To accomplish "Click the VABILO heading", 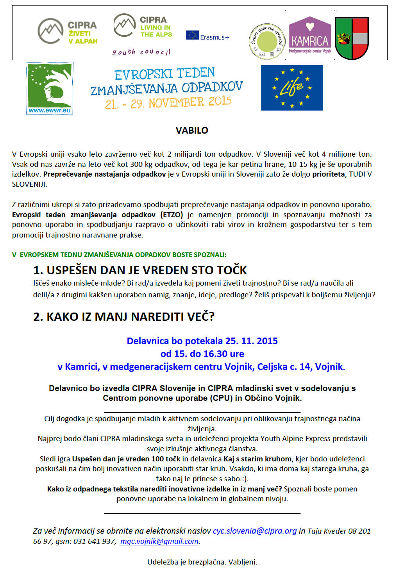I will pos(192,130).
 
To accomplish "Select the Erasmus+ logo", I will pos(207,36).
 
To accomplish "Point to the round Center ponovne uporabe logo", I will pos(267,41).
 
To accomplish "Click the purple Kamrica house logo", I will pos(310,35).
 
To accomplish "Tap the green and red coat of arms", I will pos(352,38).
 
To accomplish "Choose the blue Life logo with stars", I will pos(292,88).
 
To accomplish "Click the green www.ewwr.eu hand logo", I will pos(50,88).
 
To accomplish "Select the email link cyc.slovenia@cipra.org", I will pos(255,531).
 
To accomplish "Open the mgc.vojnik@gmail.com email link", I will pos(159,541).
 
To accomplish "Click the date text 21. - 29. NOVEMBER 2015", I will pos(168,103).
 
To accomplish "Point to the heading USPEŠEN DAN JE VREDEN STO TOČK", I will pos(140,270).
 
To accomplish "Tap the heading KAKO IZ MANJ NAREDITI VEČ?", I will pos(124,317).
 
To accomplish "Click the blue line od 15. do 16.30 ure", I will pos(202,354).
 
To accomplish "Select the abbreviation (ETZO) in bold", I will pos(172,215).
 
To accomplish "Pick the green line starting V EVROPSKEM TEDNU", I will pos(119,255).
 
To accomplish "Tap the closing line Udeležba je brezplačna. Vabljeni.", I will pos(202,562).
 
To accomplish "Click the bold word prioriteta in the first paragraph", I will pos(328,174).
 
